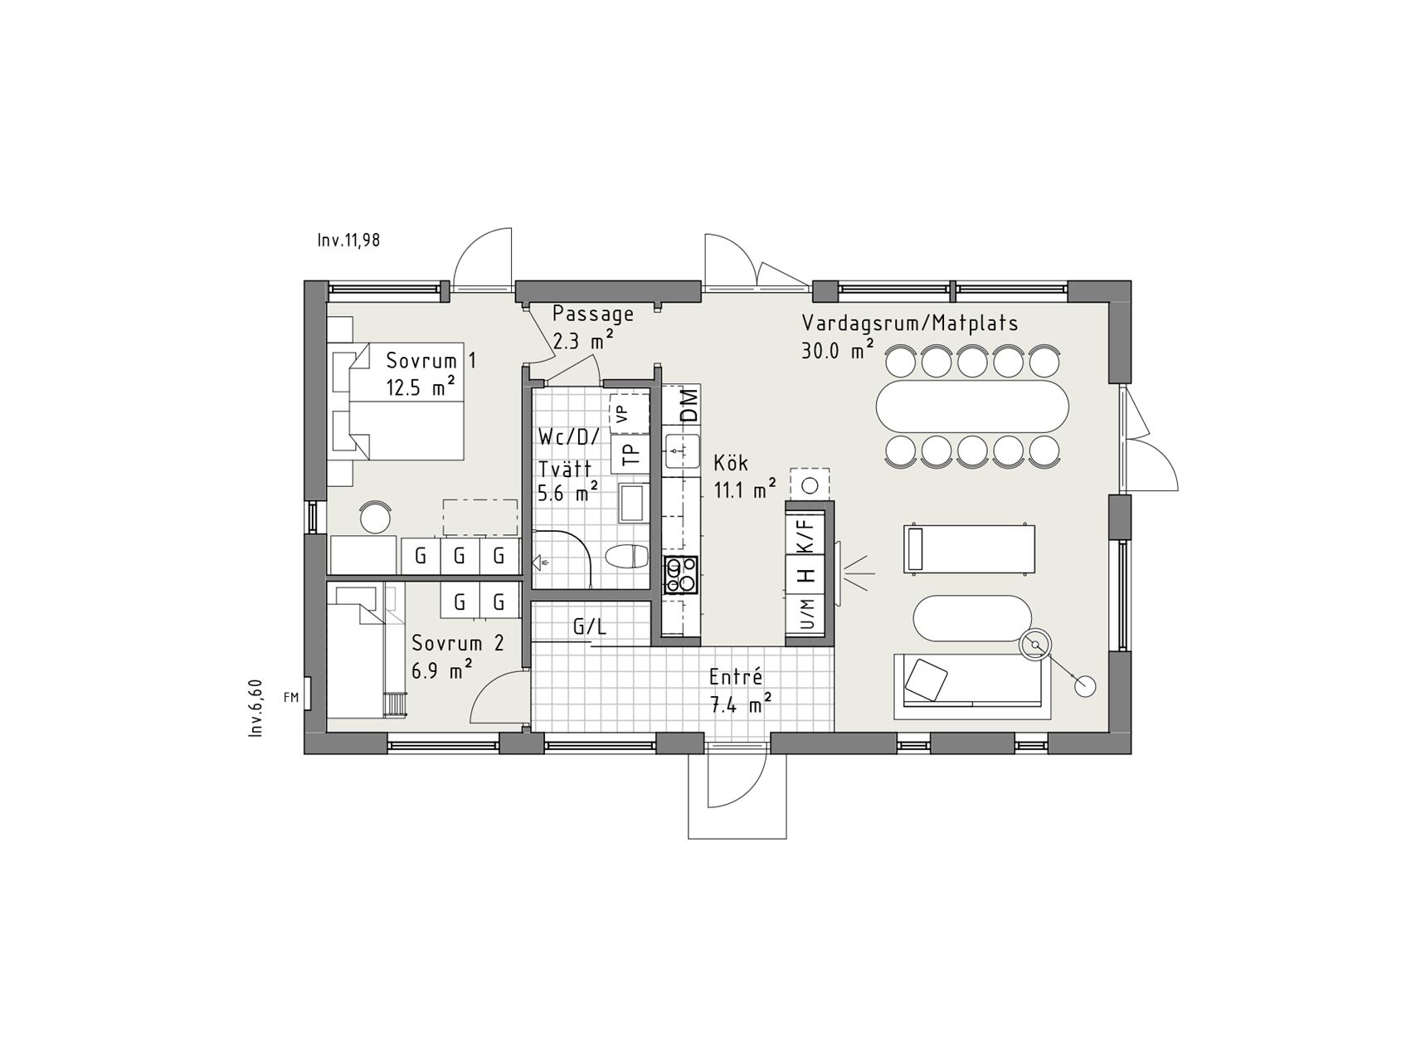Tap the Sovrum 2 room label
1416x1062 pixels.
click(x=458, y=643)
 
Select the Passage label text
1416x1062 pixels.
click(x=593, y=314)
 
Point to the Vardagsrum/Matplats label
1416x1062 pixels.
click(x=910, y=324)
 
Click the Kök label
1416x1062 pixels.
click(x=732, y=462)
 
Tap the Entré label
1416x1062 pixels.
click(x=735, y=677)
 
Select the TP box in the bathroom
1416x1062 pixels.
click(x=630, y=454)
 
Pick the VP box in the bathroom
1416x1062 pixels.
click(x=630, y=413)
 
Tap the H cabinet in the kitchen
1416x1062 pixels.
click(x=805, y=574)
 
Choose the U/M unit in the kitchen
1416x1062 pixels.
click(x=805, y=615)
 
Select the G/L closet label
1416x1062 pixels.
click(x=590, y=627)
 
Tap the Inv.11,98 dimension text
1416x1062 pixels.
click(x=348, y=241)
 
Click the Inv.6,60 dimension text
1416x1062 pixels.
click(x=255, y=707)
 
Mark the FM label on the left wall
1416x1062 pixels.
click(x=290, y=698)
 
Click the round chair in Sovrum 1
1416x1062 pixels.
click(x=377, y=517)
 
